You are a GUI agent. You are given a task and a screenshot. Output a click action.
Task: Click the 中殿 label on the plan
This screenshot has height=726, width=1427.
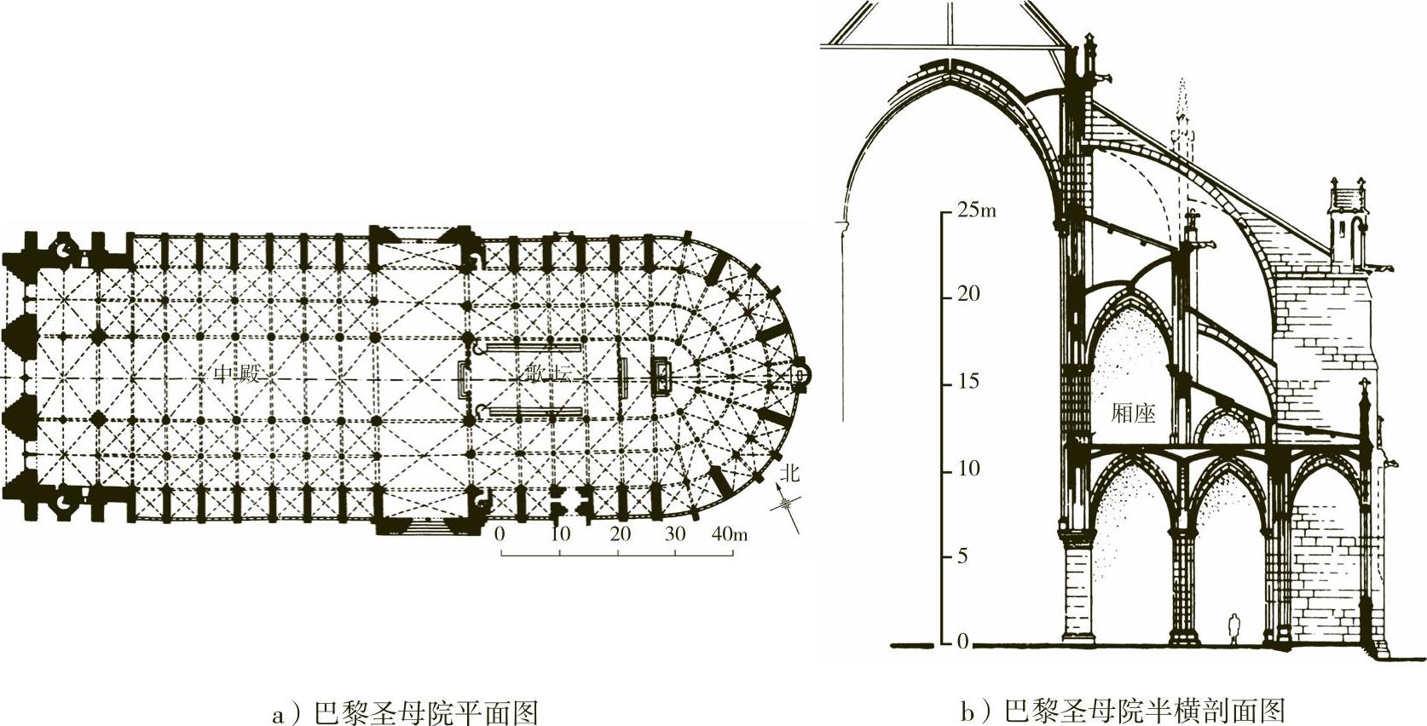point(236,373)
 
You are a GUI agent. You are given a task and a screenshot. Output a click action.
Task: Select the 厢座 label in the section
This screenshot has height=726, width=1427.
point(1133,413)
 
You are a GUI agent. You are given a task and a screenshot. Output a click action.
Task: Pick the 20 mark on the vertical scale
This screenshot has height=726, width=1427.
point(968,294)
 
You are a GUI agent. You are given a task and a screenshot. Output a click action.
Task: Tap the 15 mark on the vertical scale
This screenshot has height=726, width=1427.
point(968,381)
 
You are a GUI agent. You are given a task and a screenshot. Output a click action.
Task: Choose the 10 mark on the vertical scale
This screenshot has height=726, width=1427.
point(968,469)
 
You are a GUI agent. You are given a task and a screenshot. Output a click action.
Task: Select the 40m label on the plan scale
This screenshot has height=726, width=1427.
point(729,534)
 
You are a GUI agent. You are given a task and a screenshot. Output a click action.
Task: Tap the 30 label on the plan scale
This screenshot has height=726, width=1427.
point(675,534)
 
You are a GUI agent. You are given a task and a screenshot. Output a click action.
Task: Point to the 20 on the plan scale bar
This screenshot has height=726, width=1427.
point(620,534)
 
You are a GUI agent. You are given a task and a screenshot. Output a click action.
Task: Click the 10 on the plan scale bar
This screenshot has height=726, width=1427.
point(560,534)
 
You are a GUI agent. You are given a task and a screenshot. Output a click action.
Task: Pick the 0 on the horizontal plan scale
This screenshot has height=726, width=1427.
point(500,534)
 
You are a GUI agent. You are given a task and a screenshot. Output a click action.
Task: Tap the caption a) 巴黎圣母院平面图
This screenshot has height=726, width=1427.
point(405,712)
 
